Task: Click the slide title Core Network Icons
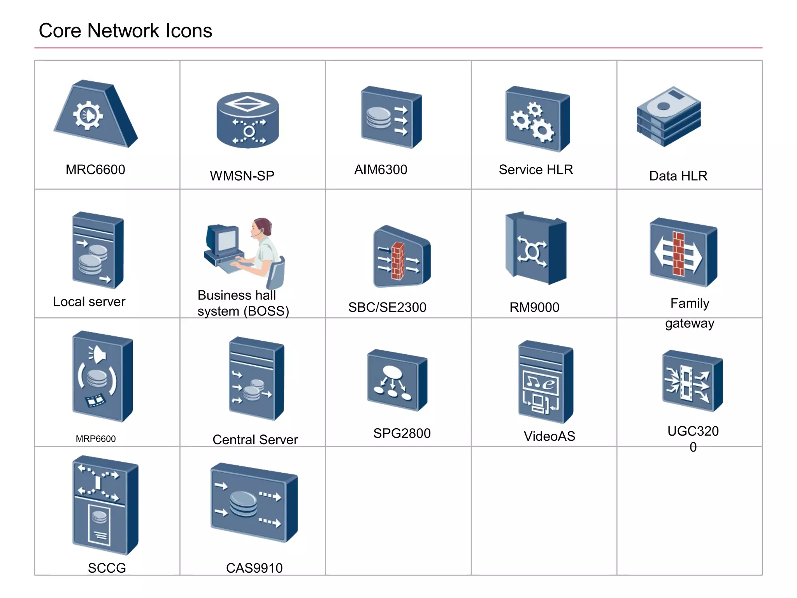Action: [125, 31]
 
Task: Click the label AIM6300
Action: [380, 170]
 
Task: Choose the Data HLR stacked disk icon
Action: [669, 116]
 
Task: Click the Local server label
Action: [89, 302]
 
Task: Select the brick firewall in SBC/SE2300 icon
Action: [398, 261]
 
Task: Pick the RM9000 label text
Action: [534, 308]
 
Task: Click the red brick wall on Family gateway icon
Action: [678, 254]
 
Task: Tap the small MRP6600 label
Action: [96, 439]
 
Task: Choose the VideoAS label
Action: [549, 436]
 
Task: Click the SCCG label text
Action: [107, 568]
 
